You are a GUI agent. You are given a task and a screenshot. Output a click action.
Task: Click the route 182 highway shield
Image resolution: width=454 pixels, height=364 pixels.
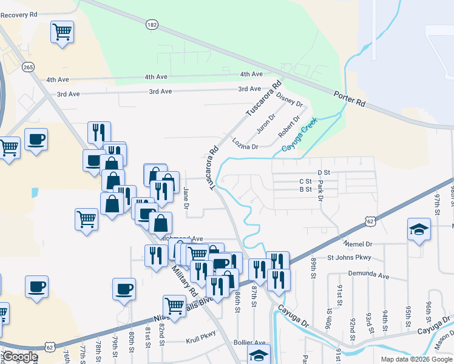pyautogui.click(x=152, y=24)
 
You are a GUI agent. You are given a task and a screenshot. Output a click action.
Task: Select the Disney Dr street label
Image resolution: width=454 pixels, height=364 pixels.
pyautogui.click(x=289, y=100)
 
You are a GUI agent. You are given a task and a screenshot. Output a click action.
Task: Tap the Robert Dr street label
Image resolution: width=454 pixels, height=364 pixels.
pyautogui.click(x=289, y=127)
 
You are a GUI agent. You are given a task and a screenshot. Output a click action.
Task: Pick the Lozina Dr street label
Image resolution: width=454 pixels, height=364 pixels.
pyautogui.click(x=245, y=143)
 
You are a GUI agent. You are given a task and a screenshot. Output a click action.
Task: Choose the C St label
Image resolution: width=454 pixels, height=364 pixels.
pyautogui.click(x=305, y=181)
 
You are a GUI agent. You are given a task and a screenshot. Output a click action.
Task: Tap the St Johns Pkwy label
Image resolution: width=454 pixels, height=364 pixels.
pyautogui.click(x=348, y=258)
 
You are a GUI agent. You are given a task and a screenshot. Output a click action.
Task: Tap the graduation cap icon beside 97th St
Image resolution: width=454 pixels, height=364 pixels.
pyautogui.click(x=418, y=230)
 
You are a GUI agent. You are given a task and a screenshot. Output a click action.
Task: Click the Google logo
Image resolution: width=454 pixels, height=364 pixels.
pyautogui.click(x=19, y=357)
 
